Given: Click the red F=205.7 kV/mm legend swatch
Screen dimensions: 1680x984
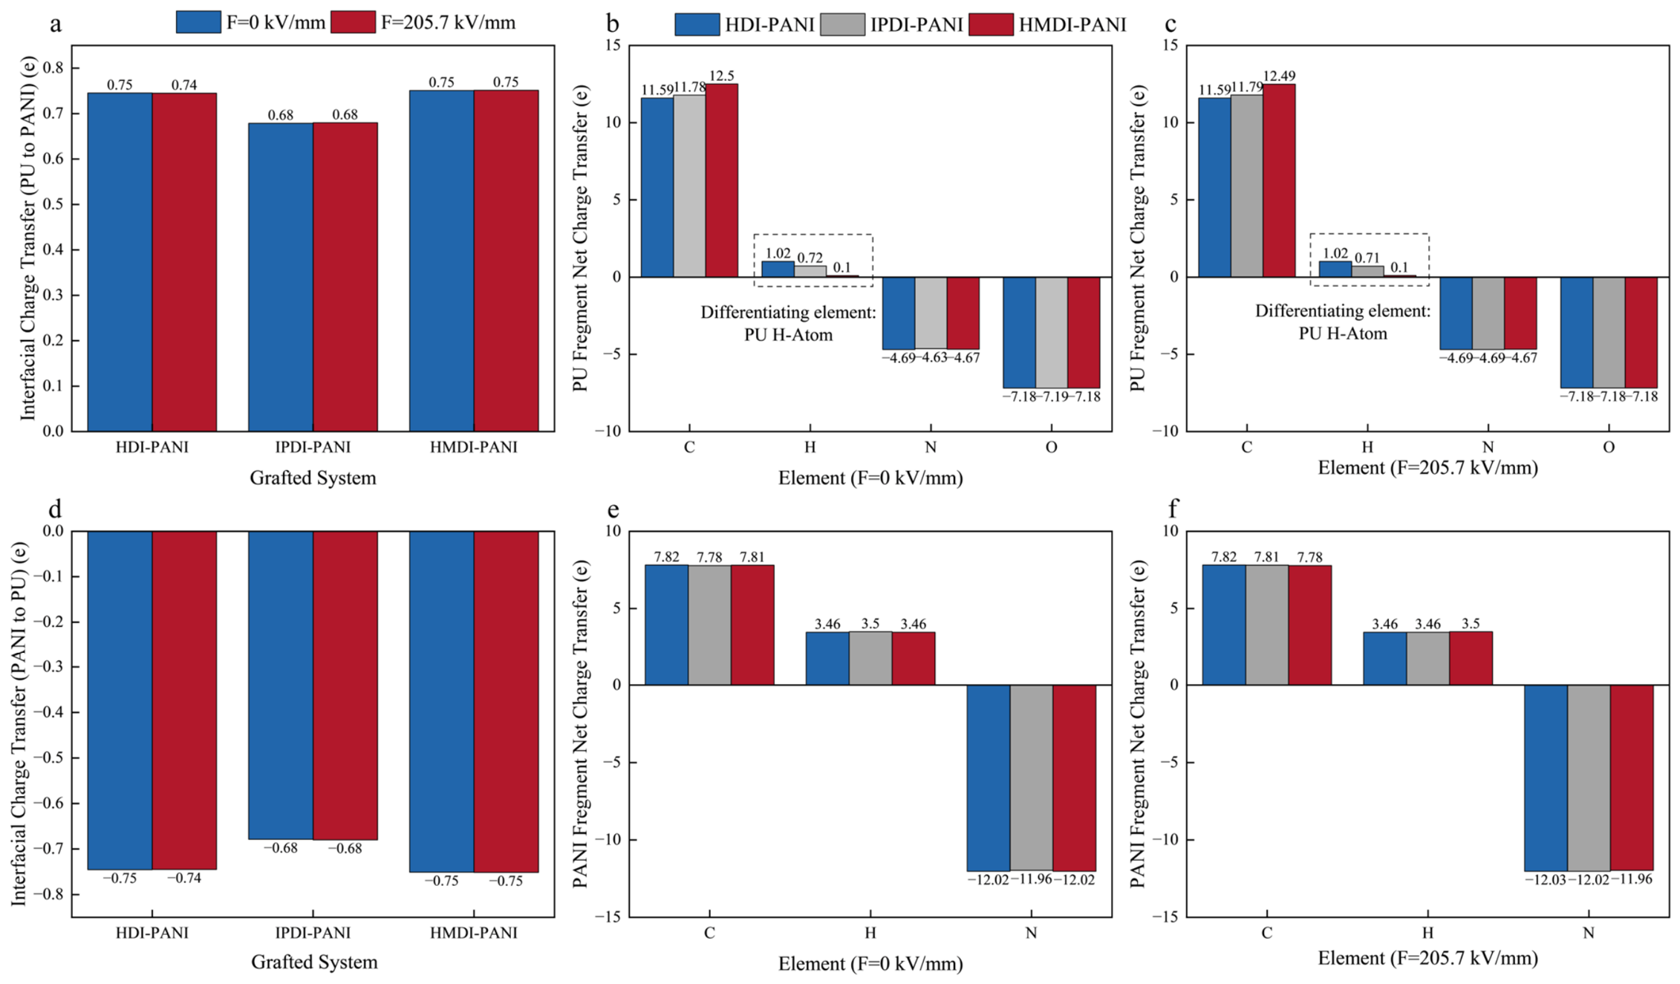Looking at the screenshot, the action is pyautogui.click(x=353, y=22).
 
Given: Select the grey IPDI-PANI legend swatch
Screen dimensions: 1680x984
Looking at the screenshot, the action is pyautogui.click(x=842, y=25).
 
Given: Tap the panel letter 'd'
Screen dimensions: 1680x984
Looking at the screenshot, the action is pyautogui.click(x=55, y=509).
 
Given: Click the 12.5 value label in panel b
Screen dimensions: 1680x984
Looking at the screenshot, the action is pyautogui.click(x=721, y=76).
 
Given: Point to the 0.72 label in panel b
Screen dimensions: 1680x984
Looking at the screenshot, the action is pyautogui.click(x=810, y=258).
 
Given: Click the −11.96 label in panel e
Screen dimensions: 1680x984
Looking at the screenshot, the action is pyautogui.click(x=1031, y=879).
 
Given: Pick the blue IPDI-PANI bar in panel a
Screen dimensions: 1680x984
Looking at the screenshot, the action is pyautogui.click(x=281, y=277).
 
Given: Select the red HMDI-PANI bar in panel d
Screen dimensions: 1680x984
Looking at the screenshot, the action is pyautogui.click(x=506, y=702).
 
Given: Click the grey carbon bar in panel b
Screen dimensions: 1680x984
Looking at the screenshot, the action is pyautogui.click(x=689, y=186).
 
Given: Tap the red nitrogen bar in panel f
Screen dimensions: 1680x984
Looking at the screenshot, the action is pyautogui.click(x=1632, y=778).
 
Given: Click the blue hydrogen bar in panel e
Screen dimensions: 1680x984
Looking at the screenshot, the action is pyautogui.click(x=827, y=658).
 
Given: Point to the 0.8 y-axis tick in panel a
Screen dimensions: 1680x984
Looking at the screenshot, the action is pyautogui.click(x=53, y=68).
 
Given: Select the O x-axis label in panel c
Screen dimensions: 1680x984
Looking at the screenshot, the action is pyautogui.click(x=1608, y=447).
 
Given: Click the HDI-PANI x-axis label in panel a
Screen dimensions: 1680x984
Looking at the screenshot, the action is pyautogui.click(x=152, y=447).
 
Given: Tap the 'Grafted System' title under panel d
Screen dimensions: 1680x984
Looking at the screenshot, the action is pyautogui.click(x=314, y=962).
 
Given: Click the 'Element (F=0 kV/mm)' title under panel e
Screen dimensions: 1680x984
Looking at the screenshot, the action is pyautogui.click(x=870, y=964).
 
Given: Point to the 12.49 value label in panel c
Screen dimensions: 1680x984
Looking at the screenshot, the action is pyautogui.click(x=1279, y=76).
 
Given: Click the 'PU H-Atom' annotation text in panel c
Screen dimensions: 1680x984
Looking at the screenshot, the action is pyautogui.click(x=1343, y=333).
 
